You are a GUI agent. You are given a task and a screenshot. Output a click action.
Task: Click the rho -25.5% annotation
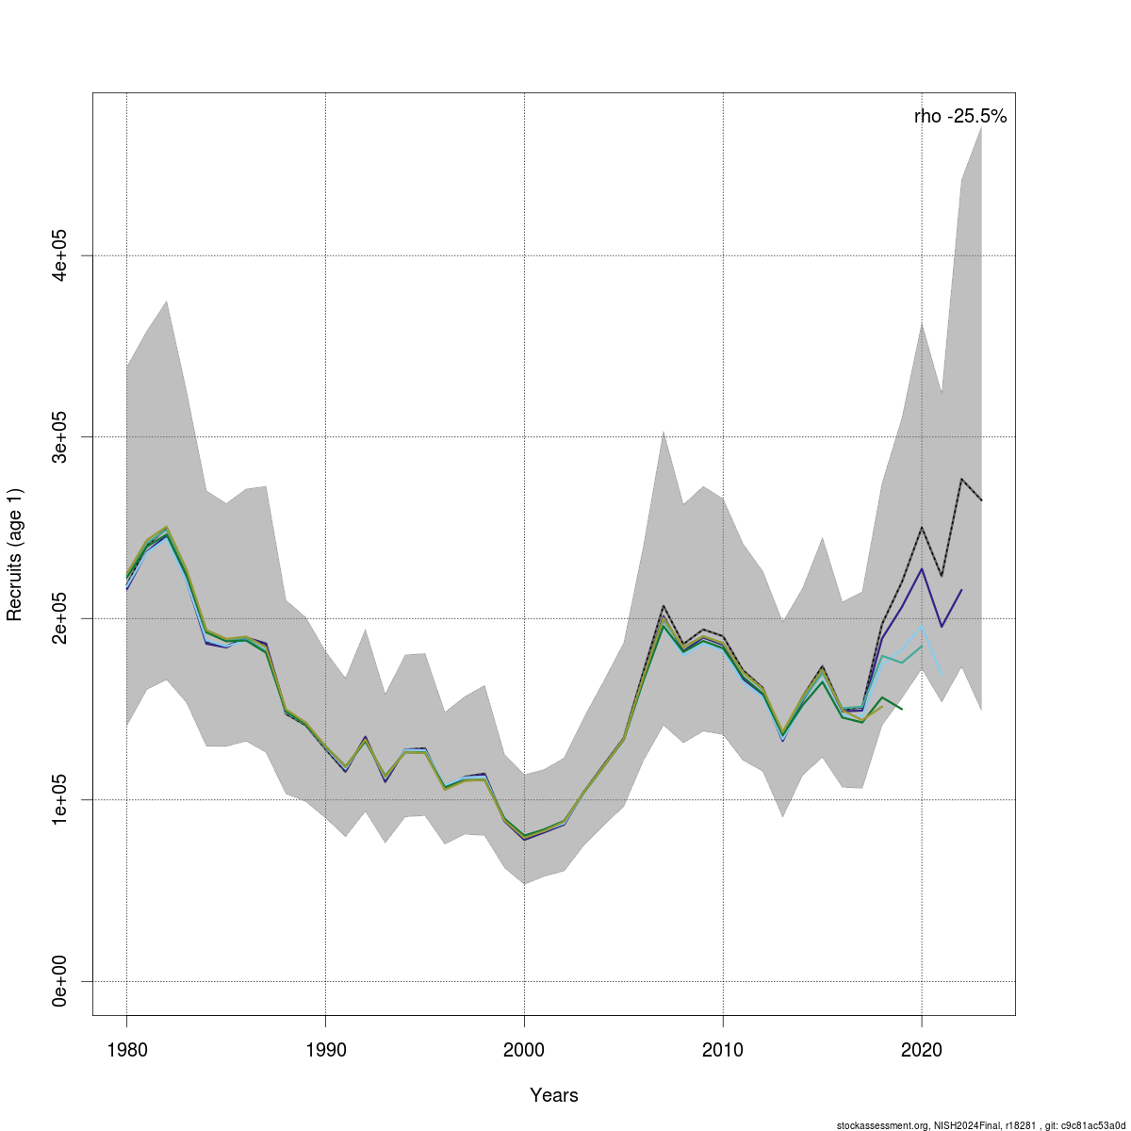pos(960,117)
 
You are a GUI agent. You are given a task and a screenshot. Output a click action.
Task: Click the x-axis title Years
pos(554,1095)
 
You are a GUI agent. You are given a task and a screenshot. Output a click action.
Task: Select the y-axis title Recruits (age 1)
pos(15,554)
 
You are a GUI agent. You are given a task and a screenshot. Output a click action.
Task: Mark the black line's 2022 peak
pos(961,479)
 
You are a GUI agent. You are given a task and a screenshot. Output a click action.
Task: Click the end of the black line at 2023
pos(981,500)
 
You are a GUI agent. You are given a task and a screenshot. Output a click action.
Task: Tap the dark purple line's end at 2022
pos(961,590)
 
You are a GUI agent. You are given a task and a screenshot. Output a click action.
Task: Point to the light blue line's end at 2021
pos(942,671)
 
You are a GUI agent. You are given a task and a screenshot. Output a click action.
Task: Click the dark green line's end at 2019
pos(902,709)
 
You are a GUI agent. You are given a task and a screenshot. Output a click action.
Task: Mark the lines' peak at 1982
pos(166,530)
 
